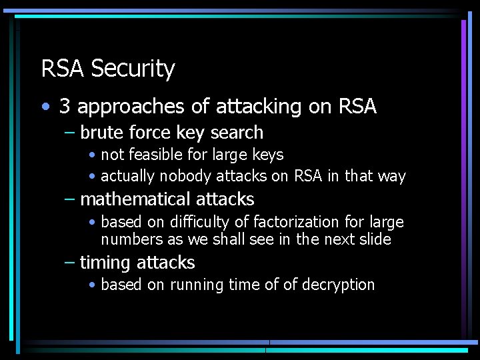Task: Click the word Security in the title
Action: [133, 69]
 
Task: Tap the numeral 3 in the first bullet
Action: [65, 106]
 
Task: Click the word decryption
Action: [338, 285]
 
